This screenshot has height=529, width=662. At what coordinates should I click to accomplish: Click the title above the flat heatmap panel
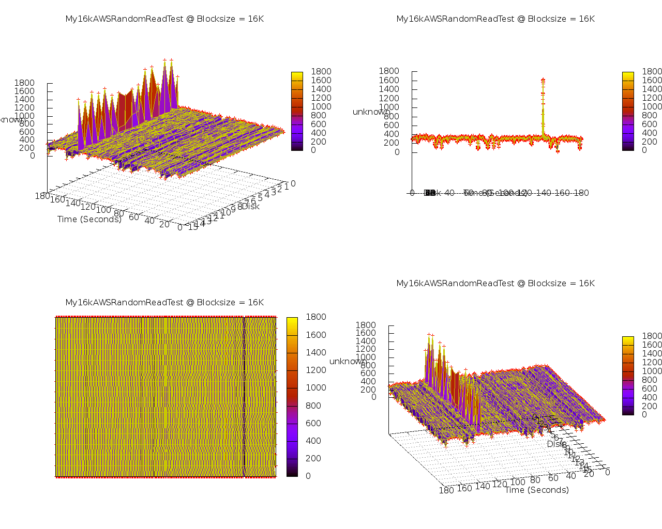(x=164, y=302)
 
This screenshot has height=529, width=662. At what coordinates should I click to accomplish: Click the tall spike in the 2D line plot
(x=543, y=103)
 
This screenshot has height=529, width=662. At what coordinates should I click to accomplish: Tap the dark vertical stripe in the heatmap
(x=244, y=397)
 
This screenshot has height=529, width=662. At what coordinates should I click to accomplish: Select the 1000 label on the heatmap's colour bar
(x=316, y=387)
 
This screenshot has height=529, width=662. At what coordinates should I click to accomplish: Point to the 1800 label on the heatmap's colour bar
(x=316, y=317)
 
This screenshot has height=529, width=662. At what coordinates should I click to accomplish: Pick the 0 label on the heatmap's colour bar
(x=308, y=476)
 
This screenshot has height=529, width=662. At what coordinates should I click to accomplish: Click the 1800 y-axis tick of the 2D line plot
(x=389, y=71)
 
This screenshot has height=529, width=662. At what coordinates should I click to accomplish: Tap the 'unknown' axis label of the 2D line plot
(x=371, y=112)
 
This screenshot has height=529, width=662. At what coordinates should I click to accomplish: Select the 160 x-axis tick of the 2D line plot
(x=562, y=193)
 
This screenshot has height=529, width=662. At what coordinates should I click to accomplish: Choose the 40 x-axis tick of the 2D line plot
(x=449, y=193)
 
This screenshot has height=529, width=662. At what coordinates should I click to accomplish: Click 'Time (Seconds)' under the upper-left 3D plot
(x=89, y=219)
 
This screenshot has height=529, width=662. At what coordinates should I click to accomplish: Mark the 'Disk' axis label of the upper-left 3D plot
(x=251, y=206)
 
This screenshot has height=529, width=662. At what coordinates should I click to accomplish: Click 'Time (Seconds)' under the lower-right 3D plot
(x=537, y=490)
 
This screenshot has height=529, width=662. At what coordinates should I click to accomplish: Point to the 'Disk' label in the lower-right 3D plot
(x=556, y=444)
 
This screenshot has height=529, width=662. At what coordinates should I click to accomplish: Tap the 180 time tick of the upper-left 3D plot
(x=42, y=196)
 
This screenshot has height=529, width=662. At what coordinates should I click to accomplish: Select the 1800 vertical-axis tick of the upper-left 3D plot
(x=25, y=83)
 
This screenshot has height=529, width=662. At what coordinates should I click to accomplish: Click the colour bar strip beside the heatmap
(x=292, y=396)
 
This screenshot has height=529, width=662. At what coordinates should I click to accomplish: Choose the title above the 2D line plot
(x=495, y=19)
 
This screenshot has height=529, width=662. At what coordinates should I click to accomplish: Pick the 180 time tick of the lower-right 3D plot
(x=446, y=490)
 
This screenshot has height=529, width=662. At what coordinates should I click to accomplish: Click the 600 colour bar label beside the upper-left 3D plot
(x=318, y=124)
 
